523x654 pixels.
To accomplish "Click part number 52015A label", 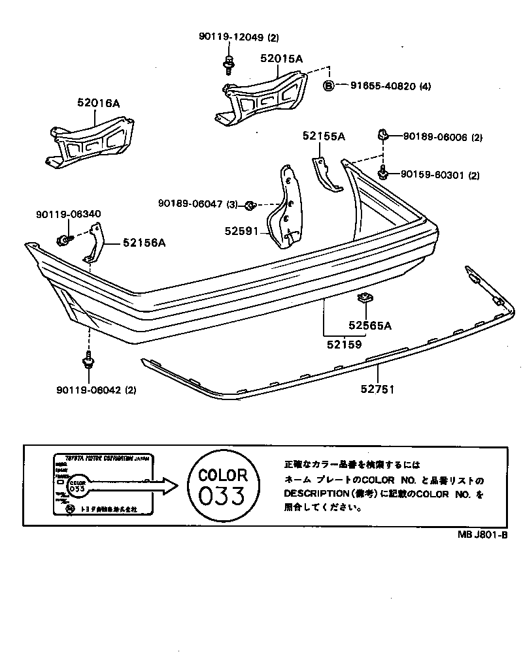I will (282, 59).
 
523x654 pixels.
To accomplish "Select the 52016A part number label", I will (98, 102).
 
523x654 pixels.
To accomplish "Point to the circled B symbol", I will (329, 86).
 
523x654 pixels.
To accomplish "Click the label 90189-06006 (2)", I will (442, 137).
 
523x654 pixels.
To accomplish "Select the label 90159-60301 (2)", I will (441, 175).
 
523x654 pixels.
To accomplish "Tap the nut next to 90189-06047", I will (249, 206).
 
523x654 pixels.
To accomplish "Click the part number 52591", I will (241, 230).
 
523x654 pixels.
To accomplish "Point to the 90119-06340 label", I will (69, 213).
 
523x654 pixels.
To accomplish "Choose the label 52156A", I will (144, 243).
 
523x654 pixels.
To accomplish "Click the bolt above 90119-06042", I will (88, 362).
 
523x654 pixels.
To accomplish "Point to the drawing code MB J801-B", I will (482, 533).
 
